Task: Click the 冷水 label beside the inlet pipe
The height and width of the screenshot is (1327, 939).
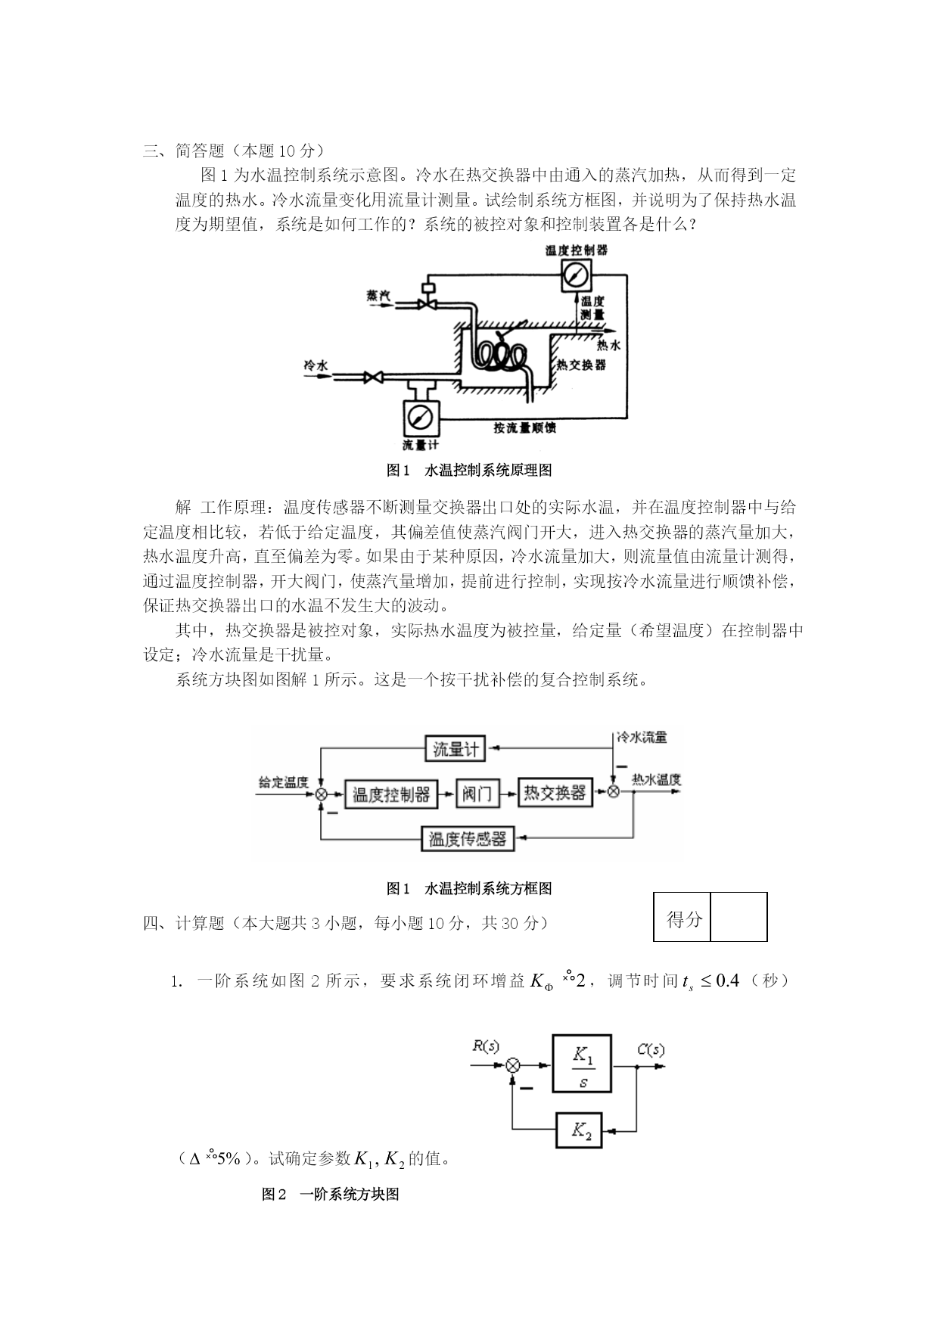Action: tap(316, 365)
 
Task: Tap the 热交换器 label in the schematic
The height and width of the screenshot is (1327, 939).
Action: tap(581, 365)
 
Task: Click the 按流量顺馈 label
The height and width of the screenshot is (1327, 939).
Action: tap(524, 427)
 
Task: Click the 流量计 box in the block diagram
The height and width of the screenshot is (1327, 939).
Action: tap(455, 749)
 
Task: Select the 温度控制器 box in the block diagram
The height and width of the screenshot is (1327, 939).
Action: tap(390, 793)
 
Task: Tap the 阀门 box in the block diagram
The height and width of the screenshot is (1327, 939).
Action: tap(477, 793)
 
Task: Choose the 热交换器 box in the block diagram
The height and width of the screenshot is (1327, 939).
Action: tap(555, 792)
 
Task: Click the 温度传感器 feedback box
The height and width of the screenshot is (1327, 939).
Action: tap(467, 839)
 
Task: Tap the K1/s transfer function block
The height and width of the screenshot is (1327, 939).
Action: tap(582, 1063)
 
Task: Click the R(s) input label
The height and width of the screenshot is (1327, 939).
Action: tap(486, 1046)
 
